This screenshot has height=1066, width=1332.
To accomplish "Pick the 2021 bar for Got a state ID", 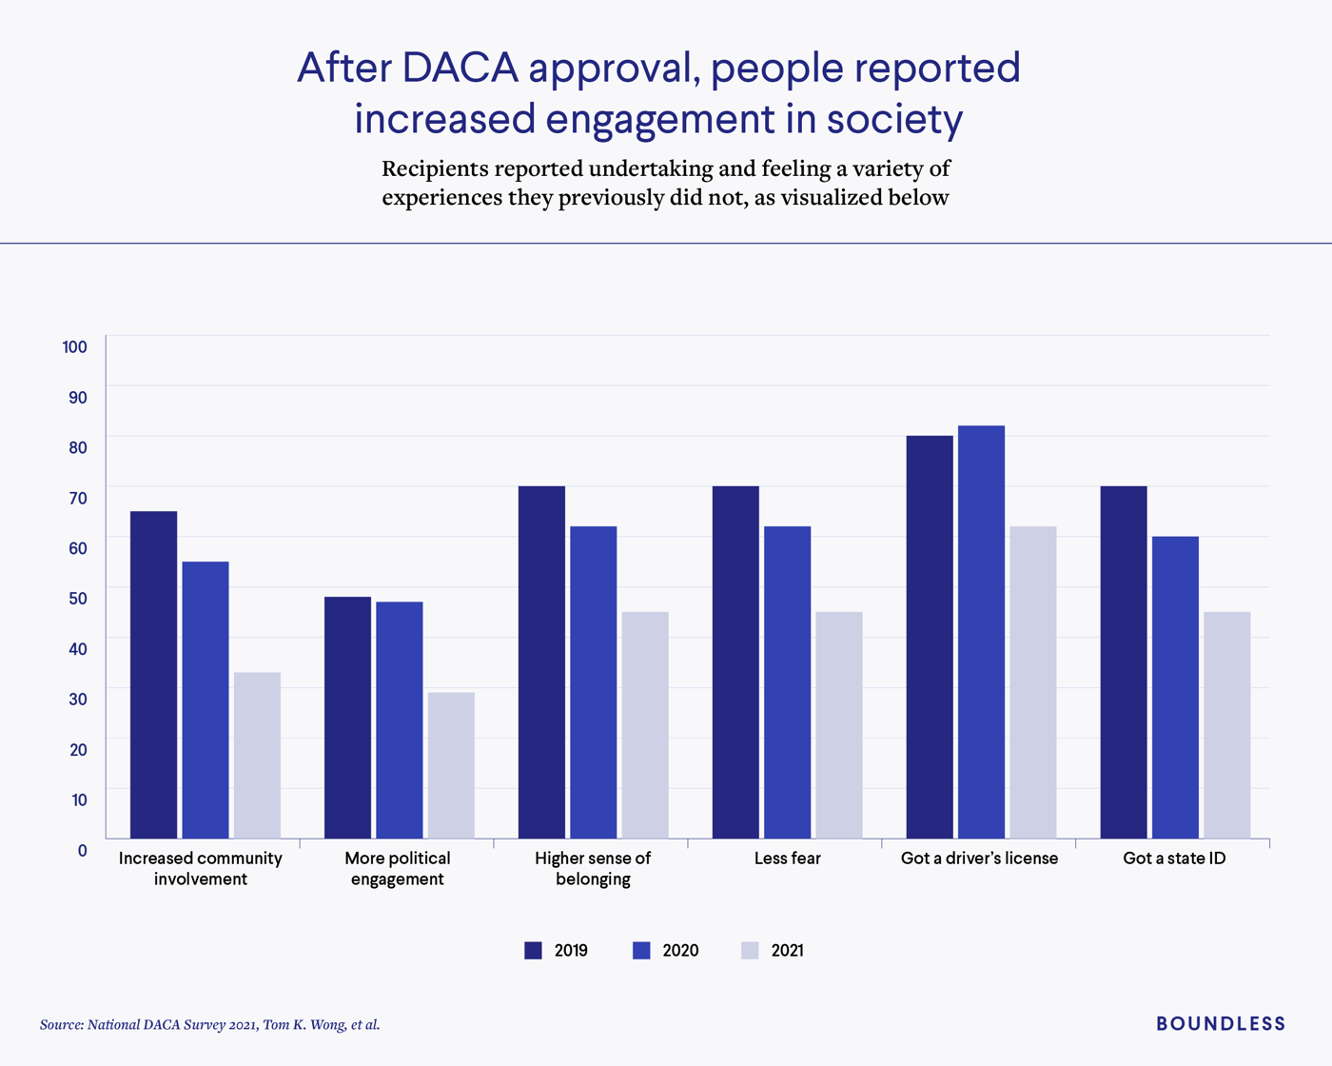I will click(1226, 724).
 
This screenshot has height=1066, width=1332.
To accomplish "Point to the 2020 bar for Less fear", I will click(787, 681).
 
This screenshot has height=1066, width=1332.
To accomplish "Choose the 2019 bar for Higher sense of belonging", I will click(541, 661).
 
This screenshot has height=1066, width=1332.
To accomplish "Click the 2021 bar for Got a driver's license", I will click(1032, 681).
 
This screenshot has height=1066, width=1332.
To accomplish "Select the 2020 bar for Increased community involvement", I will click(206, 700).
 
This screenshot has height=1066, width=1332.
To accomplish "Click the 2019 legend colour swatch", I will click(533, 950).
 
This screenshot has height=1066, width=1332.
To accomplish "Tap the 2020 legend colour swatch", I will click(641, 950).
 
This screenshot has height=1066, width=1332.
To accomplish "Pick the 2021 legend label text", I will click(787, 950).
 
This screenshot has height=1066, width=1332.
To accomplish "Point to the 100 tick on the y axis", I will click(75, 346).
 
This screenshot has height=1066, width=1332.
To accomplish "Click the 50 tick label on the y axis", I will click(77, 598).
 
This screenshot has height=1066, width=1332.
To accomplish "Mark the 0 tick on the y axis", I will click(83, 850).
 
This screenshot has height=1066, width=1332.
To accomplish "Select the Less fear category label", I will click(787, 858).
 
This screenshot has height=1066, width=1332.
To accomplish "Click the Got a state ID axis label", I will click(1174, 858).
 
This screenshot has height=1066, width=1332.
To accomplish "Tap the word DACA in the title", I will click(460, 69).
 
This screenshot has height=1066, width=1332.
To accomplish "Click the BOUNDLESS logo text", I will click(1221, 1023).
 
